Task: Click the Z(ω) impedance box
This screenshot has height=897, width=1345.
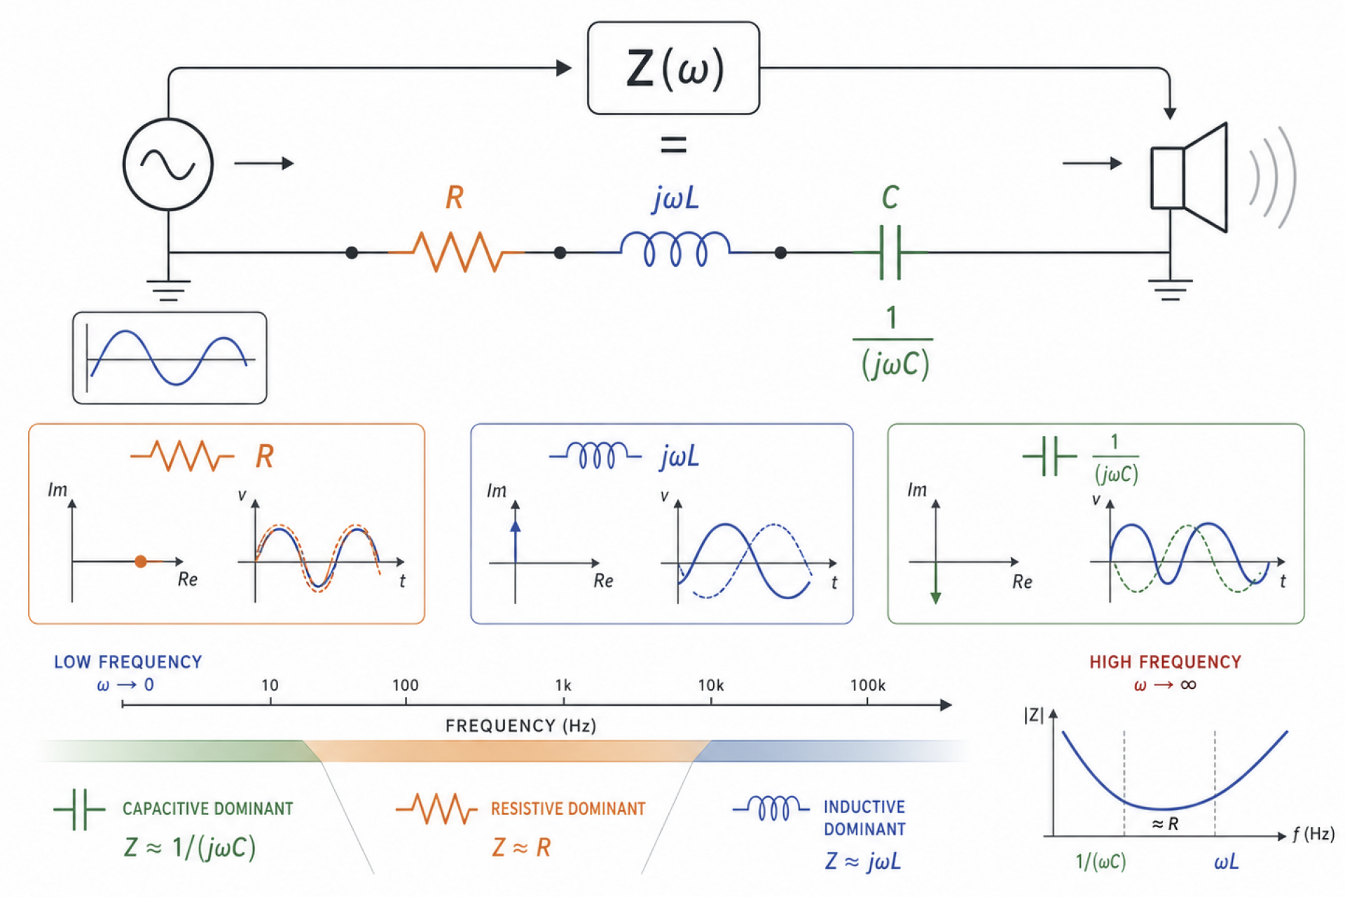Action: pos(673,68)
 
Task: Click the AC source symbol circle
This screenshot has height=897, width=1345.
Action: pos(168,164)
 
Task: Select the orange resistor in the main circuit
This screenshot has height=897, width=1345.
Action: pos(456,251)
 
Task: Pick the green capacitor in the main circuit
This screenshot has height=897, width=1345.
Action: pos(890,252)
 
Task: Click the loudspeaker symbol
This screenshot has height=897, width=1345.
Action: pos(1189,178)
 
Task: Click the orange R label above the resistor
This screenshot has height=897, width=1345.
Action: pos(455,198)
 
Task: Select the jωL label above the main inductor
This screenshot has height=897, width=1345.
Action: pos(675,198)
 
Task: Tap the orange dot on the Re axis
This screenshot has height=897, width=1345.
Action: pos(141,561)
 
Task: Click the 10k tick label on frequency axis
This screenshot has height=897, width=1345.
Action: pos(710,685)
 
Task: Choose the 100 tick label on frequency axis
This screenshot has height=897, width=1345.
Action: pos(406,685)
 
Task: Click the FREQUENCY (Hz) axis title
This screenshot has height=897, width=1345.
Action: pos(520,726)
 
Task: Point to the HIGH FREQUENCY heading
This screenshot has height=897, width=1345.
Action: pos(1165,662)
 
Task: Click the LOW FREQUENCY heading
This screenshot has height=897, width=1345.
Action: pos(128,662)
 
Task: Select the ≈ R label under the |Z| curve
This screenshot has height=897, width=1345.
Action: pos(1165,824)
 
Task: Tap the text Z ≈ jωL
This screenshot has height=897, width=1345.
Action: pos(862,861)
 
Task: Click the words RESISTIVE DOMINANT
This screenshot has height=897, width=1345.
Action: pos(568,809)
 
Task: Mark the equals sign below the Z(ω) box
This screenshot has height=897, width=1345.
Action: pos(673,145)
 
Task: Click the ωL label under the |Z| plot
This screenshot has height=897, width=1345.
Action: pos(1226,862)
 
